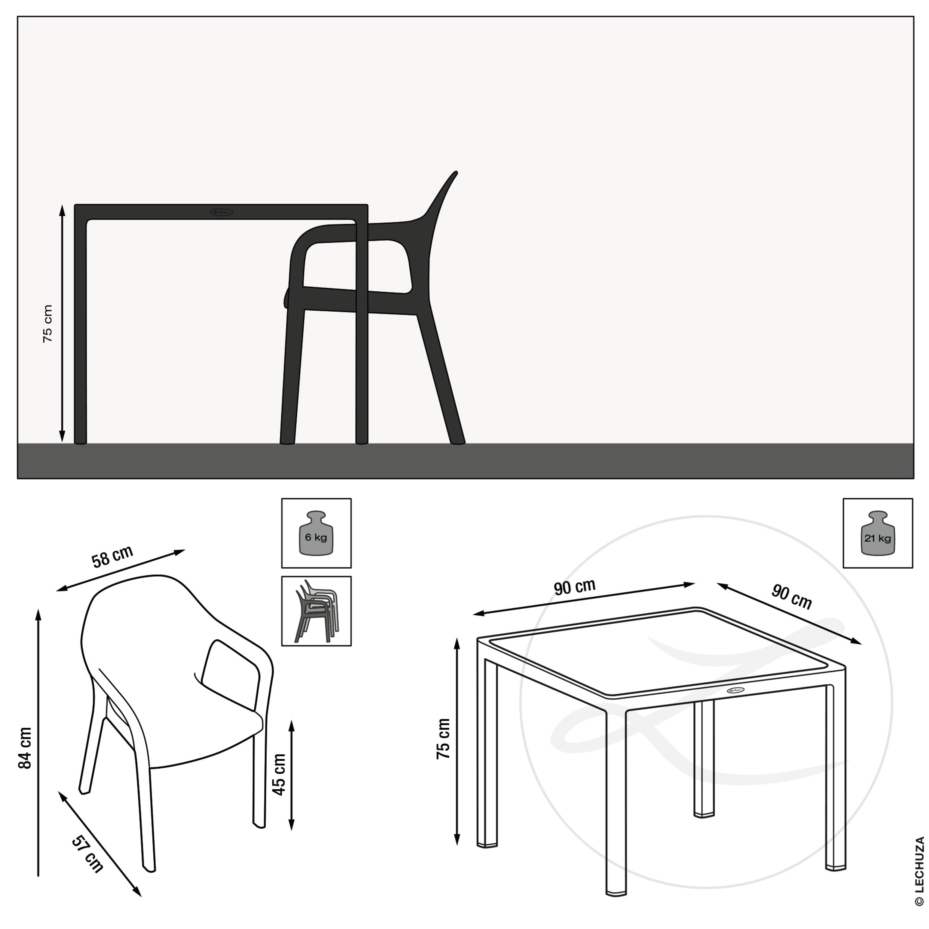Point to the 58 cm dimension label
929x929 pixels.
click(x=112, y=557)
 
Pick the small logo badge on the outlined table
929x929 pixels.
click(x=735, y=690)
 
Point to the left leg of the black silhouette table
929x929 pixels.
click(x=80, y=332)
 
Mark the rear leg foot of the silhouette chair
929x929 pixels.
click(x=458, y=441)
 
